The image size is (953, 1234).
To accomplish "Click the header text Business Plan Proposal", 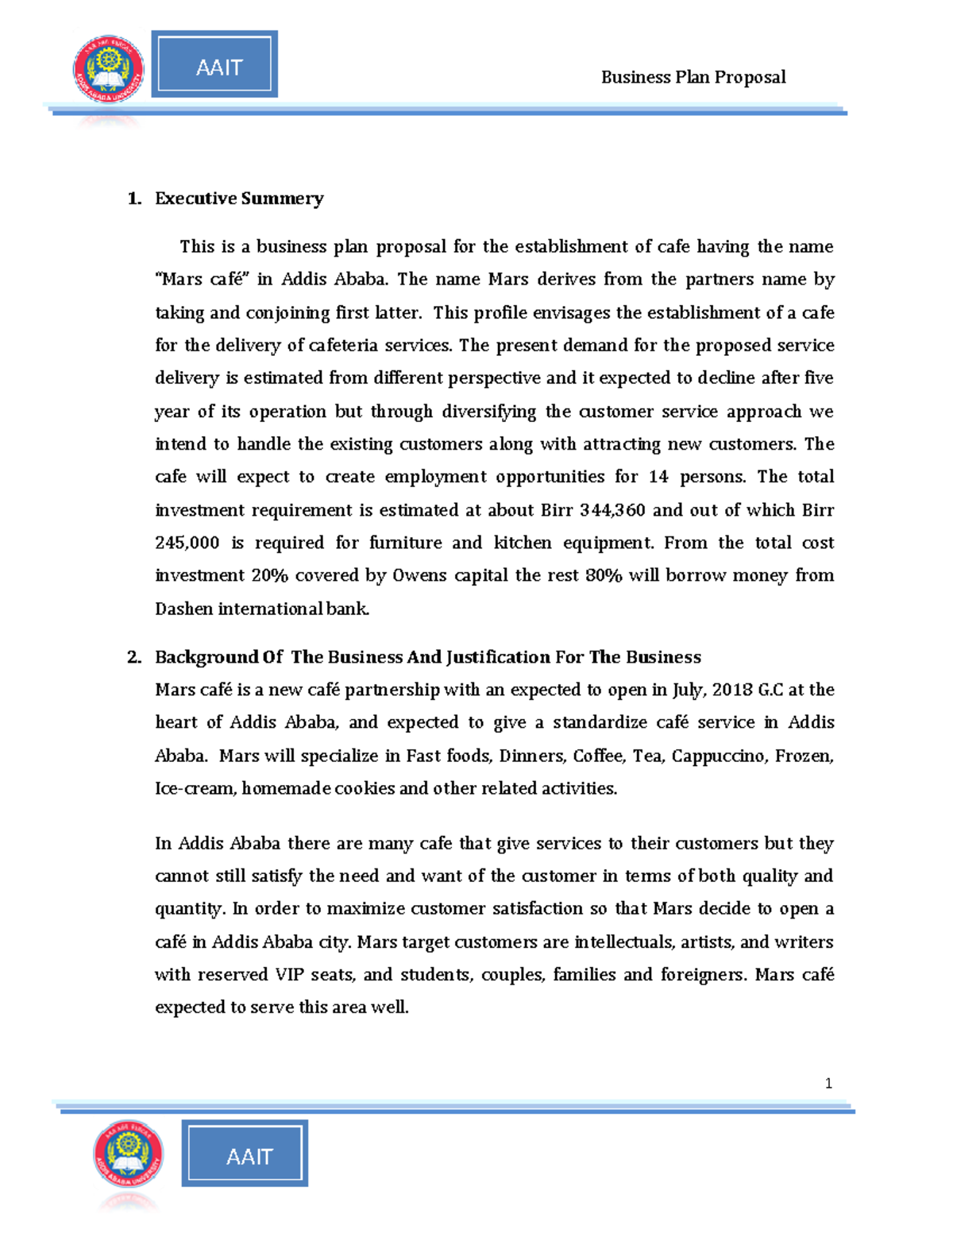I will [693, 77].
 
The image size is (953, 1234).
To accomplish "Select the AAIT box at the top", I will [214, 65].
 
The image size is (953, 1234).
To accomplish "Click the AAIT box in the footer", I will [245, 1154].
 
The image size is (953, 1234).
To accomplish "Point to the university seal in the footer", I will [129, 1155].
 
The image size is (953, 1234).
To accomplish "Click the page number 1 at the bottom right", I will [828, 1083].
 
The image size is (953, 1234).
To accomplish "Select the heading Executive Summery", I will [239, 199].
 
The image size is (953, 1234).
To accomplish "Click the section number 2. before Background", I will [134, 657].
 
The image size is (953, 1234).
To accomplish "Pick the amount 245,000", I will [187, 543].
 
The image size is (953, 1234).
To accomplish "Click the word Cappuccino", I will [717, 756].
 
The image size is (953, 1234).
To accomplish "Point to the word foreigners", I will [704, 975].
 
